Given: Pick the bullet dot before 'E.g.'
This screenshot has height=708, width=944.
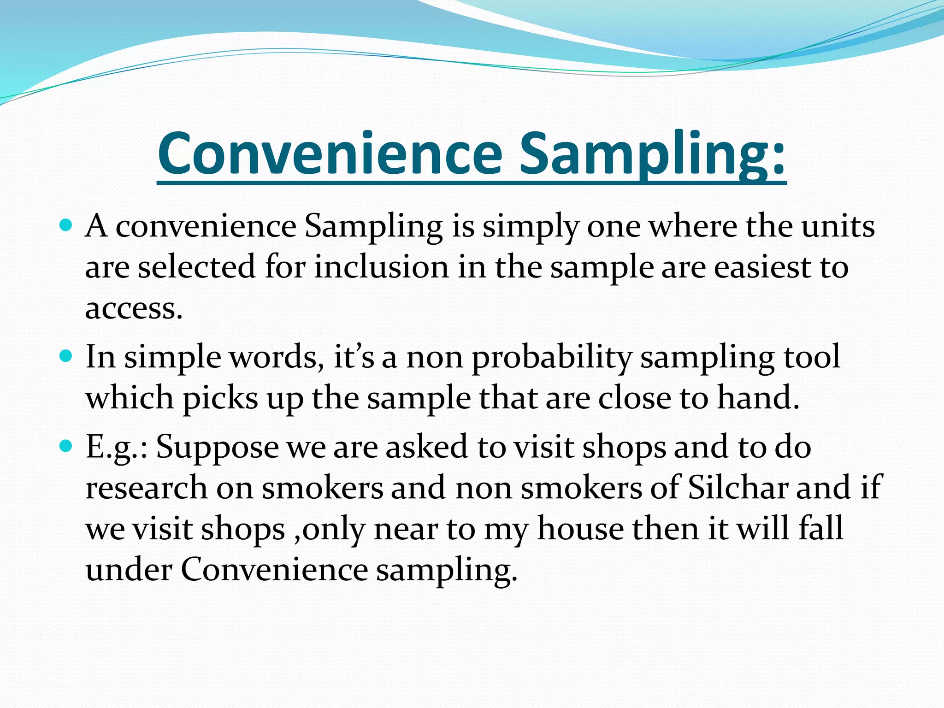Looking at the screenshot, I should (66, 446).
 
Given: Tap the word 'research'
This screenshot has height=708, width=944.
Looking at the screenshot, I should (147, 488).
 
